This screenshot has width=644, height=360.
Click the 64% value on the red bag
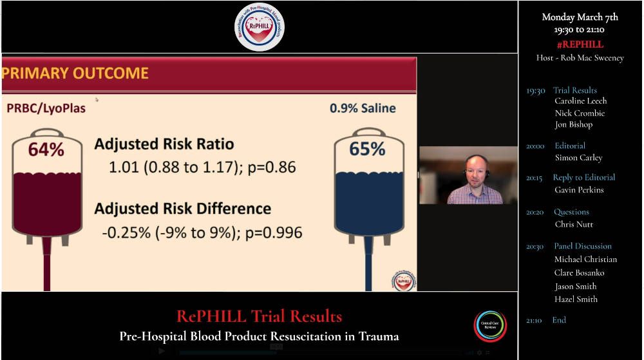click(46, 150)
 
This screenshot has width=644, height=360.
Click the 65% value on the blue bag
click(366, 149)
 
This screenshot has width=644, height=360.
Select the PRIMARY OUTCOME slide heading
click(75, 73)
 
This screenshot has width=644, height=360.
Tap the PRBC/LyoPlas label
click(46, 108)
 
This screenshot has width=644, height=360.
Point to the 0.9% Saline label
click(363, 108)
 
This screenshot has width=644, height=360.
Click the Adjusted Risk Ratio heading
click(164, 144)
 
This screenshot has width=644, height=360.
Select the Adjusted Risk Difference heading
click(182, 209)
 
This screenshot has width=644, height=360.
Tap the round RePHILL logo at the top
click(259, 27)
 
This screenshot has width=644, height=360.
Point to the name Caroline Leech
click(580, 101)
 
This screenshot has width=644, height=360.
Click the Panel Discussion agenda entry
click(582, 246)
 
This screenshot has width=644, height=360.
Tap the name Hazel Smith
click(576, 299)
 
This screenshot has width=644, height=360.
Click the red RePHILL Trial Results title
click(259, 316)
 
